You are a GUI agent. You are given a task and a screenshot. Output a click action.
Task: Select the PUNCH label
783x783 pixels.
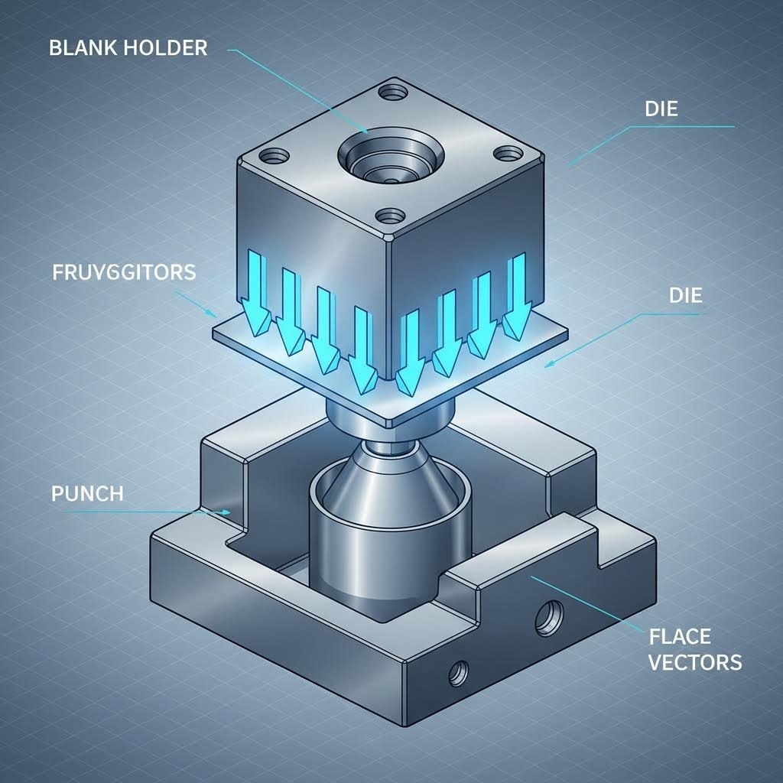[86, 493]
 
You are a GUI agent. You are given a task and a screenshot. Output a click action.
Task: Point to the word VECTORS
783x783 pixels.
[694, 661]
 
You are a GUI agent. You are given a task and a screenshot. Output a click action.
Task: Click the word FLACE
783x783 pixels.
[679, 636]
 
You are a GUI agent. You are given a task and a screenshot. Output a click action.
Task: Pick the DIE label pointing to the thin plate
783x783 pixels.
[684, 295]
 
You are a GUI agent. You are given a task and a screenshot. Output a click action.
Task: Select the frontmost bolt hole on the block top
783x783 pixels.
[389, 216]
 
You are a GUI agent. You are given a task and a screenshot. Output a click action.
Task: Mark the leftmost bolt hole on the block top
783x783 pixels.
[271, 158]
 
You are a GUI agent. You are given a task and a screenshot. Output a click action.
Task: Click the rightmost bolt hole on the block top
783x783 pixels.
[506, 154]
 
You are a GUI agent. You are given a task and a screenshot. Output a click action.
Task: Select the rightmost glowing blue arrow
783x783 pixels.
[518, 297]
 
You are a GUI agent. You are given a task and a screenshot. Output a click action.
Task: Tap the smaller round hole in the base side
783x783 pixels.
[459, 673]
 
